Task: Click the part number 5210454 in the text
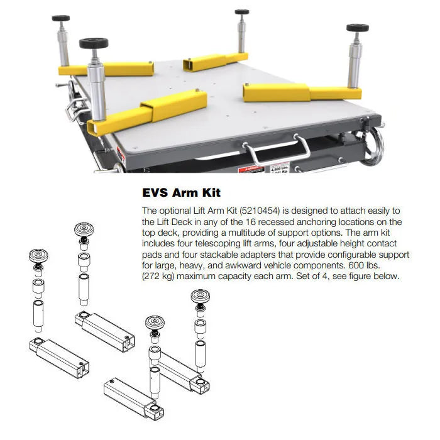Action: [260, 211]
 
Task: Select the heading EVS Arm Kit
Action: [181, 192]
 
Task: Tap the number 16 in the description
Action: [250, 222]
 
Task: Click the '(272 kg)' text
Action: [158, 276]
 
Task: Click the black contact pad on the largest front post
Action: [94, 43]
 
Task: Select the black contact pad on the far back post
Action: [242, 12]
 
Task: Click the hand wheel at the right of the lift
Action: [375, 146]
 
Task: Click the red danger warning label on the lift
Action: [251, 170]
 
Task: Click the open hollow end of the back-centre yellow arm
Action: [187, 65]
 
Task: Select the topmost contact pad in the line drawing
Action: [84, 229]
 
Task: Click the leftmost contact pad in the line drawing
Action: [38, 256]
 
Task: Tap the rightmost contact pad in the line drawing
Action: [200, 296]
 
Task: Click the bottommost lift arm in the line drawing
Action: [133, 399]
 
